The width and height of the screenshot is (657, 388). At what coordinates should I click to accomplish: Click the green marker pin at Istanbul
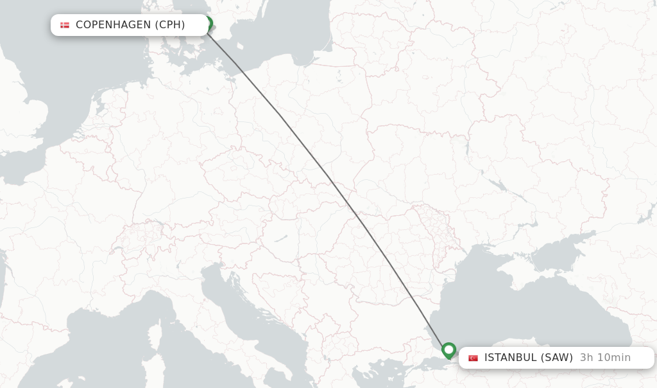pyautogui.click(x=448, y=350)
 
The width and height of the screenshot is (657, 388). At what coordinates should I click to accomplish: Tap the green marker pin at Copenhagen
pyautogui.click(x=207, y=24)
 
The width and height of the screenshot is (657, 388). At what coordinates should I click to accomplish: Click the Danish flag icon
pyautogui.click(x=65, y=25)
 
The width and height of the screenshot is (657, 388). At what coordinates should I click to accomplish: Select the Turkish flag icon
pyautogui.click(x=473, y=358)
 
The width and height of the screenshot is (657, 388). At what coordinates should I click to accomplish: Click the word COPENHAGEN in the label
pyautogui.click(x=112, y=25)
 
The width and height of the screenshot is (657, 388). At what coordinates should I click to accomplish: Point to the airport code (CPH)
pyautogui.click(x=169, y=25)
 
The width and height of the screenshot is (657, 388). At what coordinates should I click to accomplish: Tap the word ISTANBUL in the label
pyautogui.click(x=510, y=358)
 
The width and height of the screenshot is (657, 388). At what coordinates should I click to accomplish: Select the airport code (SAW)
pyautogui.click(x=557, y=358)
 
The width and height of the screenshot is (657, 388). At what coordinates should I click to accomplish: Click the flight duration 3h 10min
pyautogui.click(x=605, y=358)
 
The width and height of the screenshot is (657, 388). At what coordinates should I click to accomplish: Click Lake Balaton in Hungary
pyautogui.click(x=281, y=239)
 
